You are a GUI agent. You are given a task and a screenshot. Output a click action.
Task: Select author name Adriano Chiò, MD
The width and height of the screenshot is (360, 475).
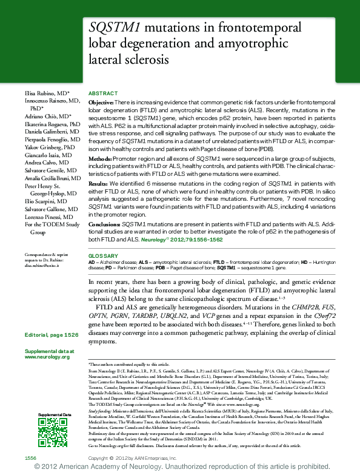[48, 115]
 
